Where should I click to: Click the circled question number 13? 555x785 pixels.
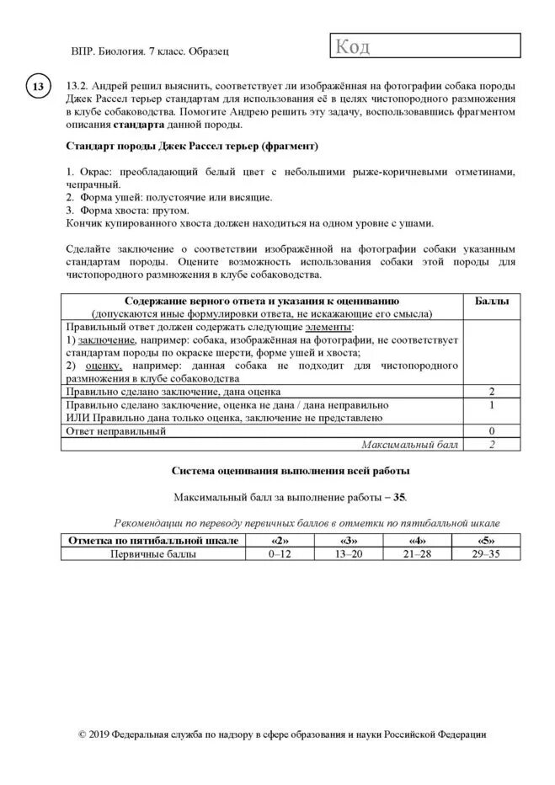(39, 88)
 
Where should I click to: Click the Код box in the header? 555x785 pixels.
(423, 47)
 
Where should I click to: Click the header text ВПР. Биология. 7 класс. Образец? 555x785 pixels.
(151, 51)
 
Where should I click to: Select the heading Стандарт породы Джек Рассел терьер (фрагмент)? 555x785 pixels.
(192, 146)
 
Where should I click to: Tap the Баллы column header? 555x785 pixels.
(493, 301)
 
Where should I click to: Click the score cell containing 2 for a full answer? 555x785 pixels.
(493, 392)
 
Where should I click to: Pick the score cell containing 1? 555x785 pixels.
(493, 405)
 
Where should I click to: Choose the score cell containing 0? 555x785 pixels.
(493, 431)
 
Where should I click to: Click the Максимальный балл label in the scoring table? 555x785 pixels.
(409, 444)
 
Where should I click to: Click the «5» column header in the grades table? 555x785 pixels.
(486, 541)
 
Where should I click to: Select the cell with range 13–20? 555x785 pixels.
(348, 555)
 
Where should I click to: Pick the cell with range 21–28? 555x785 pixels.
(417, 555)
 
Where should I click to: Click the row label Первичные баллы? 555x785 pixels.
(153, 555)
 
